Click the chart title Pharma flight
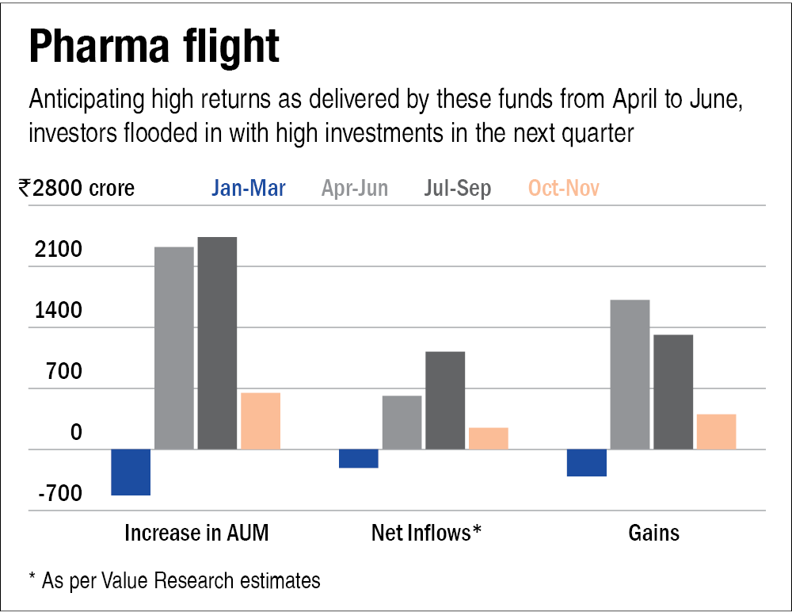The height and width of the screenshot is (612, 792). coord(154,47)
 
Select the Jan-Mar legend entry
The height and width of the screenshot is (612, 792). coord(249,188)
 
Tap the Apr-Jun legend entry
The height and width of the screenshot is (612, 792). coord(354,188)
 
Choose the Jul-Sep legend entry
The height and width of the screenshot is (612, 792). coord(458,188)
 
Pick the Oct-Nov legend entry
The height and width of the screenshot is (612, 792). coord(564,188)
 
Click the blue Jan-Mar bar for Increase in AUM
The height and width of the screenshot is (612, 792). coord(131,472)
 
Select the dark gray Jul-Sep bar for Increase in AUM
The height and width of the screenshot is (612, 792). coord(217,342)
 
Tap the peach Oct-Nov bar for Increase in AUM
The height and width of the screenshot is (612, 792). coord(261,421)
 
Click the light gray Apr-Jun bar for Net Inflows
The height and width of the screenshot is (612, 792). coord(402,423)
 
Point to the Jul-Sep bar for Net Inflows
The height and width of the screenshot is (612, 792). coord(445,400)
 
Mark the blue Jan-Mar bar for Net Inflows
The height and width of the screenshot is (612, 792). coord(359,459)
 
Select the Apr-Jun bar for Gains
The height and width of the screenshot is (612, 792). coord(630,374)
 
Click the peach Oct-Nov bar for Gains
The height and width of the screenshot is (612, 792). coord(716,431)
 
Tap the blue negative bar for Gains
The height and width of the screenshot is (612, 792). coord(587,463)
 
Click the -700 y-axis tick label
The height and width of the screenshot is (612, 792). coord(58,495)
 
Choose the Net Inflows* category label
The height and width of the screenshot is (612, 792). coord(426,533)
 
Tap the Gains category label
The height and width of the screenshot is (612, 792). coord(654,533)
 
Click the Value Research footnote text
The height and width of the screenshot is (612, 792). coord(174,580)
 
